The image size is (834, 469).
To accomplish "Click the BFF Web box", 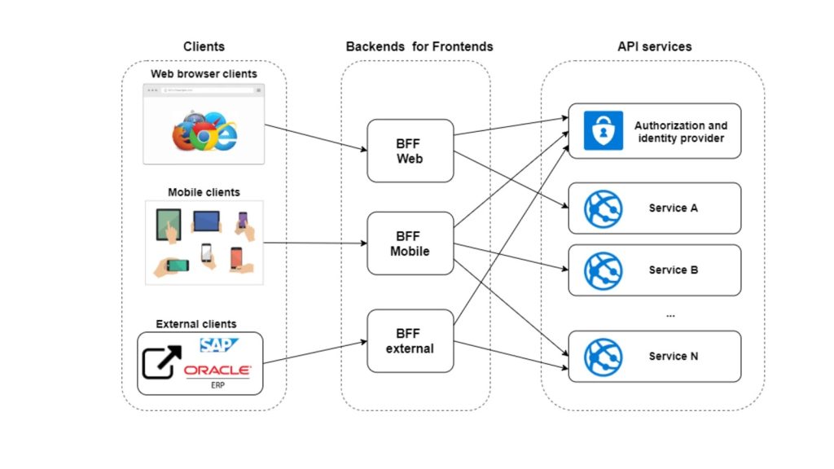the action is (410, 151).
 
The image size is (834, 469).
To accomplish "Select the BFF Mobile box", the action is (410, 243).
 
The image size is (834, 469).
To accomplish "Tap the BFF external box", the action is (410, 341).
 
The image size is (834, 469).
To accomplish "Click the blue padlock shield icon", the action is (604, 130).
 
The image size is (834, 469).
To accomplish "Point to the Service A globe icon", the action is (604, 208).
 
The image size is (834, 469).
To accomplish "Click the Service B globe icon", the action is (604, 270).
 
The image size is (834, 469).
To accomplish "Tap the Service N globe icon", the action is (604, 357).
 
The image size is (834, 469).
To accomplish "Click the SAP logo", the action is (218, 345).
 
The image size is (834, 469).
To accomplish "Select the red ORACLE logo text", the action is (217, 370).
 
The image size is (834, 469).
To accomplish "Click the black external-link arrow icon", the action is (162, 362).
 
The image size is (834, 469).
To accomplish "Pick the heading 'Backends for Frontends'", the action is (419, 46).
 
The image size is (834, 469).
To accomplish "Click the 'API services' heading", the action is (654, 46).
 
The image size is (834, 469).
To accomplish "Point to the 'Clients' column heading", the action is (204, 46).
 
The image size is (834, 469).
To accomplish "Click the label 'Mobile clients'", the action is (204, 192).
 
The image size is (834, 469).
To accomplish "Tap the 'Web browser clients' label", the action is (204, 74).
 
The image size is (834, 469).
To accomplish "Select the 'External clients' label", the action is (196, 324).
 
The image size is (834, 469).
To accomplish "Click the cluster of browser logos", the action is (204, 131).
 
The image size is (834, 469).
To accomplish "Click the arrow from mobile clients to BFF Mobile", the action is (315, 243).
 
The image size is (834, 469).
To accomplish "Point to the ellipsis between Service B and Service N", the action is (670, 316).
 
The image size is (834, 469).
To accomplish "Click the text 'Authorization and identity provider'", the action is (681, 132).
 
